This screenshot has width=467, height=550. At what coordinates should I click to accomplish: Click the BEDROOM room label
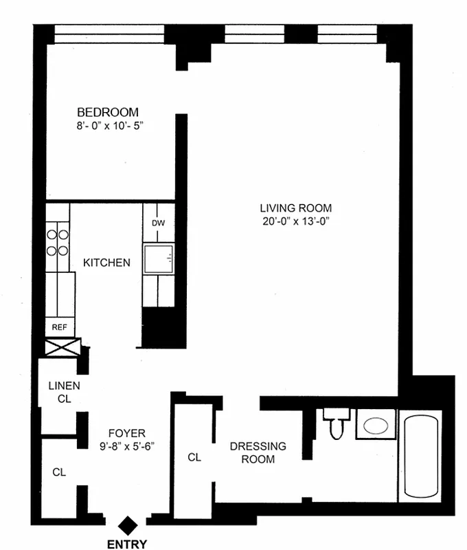click(108, 112)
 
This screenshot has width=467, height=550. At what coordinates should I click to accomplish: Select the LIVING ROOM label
click(295, 208)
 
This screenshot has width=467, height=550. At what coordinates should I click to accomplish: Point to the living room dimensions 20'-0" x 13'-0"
click(295, 221)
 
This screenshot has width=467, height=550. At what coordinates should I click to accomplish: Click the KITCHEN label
click(106, 263)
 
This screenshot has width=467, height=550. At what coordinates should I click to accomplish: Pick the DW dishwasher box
click(158, 223)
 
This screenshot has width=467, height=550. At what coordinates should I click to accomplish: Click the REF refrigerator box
click(60, 327)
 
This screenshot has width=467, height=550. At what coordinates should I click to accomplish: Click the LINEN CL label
click(64, 392)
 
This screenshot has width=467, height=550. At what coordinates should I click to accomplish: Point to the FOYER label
click(127, 433)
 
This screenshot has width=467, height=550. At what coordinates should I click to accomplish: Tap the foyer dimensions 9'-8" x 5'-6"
click(127, 445)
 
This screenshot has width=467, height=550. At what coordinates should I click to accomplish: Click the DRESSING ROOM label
click(258, 453)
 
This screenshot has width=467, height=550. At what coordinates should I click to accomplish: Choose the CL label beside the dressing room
click(194, 457)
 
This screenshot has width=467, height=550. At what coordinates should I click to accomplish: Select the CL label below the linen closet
click(59, 472)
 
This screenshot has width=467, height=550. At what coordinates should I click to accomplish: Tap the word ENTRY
click(127, 544)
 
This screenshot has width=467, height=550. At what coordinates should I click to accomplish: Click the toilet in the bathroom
click(337, 425)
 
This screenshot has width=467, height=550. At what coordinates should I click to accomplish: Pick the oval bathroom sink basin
click(375, 425)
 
